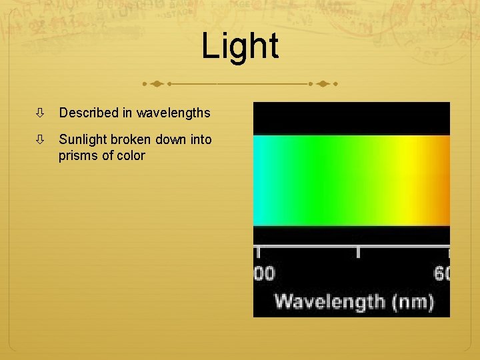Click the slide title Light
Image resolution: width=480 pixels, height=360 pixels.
tap(239, 47)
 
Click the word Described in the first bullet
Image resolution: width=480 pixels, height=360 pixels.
tap(88, 113)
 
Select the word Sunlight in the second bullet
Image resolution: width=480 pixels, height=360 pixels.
tap(84, 139)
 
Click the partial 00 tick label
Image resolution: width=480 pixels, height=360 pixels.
tap(265, 273)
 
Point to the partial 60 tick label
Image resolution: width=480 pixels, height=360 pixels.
tap(443, 273)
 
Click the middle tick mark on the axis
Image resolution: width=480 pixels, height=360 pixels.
tap(358, 253)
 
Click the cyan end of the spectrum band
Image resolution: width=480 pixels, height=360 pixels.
tap(263, 180)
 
